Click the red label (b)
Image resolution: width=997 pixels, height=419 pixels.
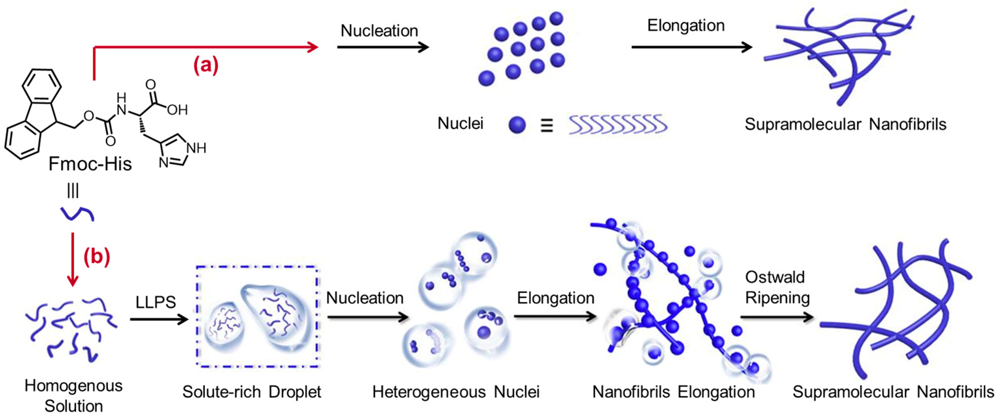[x=97, y=256]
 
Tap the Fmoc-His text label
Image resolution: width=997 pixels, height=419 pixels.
[x=90, y=164]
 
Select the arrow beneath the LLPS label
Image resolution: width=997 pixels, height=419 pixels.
[x=159, y=319]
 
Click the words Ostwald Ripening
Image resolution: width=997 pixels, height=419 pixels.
[x=777, y=287]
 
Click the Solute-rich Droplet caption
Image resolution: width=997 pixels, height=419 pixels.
[x=252, y=392]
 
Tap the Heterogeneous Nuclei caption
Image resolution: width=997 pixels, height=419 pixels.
[x=455, y=392]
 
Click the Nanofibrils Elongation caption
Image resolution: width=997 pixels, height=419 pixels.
[x=674, y=392]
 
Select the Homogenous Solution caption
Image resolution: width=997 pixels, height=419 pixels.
[x=73, y=396]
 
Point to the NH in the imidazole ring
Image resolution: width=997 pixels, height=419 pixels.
[x=196, y=148]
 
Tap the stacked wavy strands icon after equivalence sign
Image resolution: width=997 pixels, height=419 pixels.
[x=618, y=125]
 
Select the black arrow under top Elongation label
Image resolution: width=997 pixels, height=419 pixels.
[x=691, y=47]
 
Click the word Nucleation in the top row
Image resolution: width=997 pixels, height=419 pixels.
[x=379, y=31]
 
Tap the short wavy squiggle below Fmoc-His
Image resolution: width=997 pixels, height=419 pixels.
[x=77, y=214]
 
